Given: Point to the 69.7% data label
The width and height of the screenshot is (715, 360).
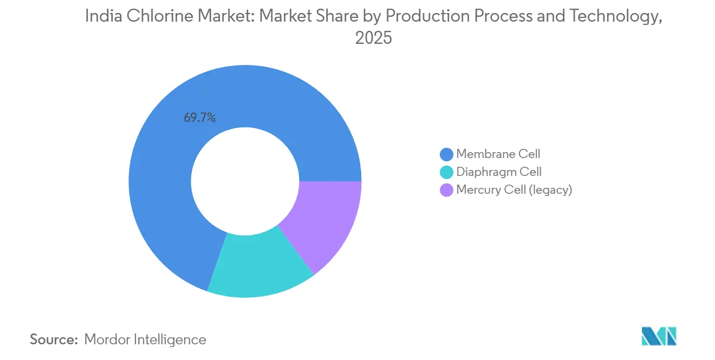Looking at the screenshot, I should (x=199, y=117).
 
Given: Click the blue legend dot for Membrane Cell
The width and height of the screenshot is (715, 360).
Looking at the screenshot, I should (x=447, y=154).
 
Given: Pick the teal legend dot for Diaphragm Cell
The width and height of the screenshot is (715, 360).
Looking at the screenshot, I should (x=447, y=172).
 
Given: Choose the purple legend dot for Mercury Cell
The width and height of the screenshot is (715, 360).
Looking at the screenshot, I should (x=447, y=190).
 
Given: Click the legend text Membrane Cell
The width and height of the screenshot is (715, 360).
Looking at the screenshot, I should (x=498, y=154).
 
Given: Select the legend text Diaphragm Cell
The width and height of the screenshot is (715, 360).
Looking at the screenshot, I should (x=499, y=172).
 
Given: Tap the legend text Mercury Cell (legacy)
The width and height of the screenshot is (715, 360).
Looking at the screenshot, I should (x=514, y=190).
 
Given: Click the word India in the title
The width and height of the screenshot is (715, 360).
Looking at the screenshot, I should (x=103, y=17).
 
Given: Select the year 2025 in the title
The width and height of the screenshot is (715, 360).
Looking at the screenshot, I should (x=373, y=38).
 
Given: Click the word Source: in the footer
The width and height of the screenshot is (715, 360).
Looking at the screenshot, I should (x=54, y=339).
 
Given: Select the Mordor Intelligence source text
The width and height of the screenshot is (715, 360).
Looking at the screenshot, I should (x=145, y=339).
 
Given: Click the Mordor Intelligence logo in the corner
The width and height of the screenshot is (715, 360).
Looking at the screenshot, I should (x=659, y=337).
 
